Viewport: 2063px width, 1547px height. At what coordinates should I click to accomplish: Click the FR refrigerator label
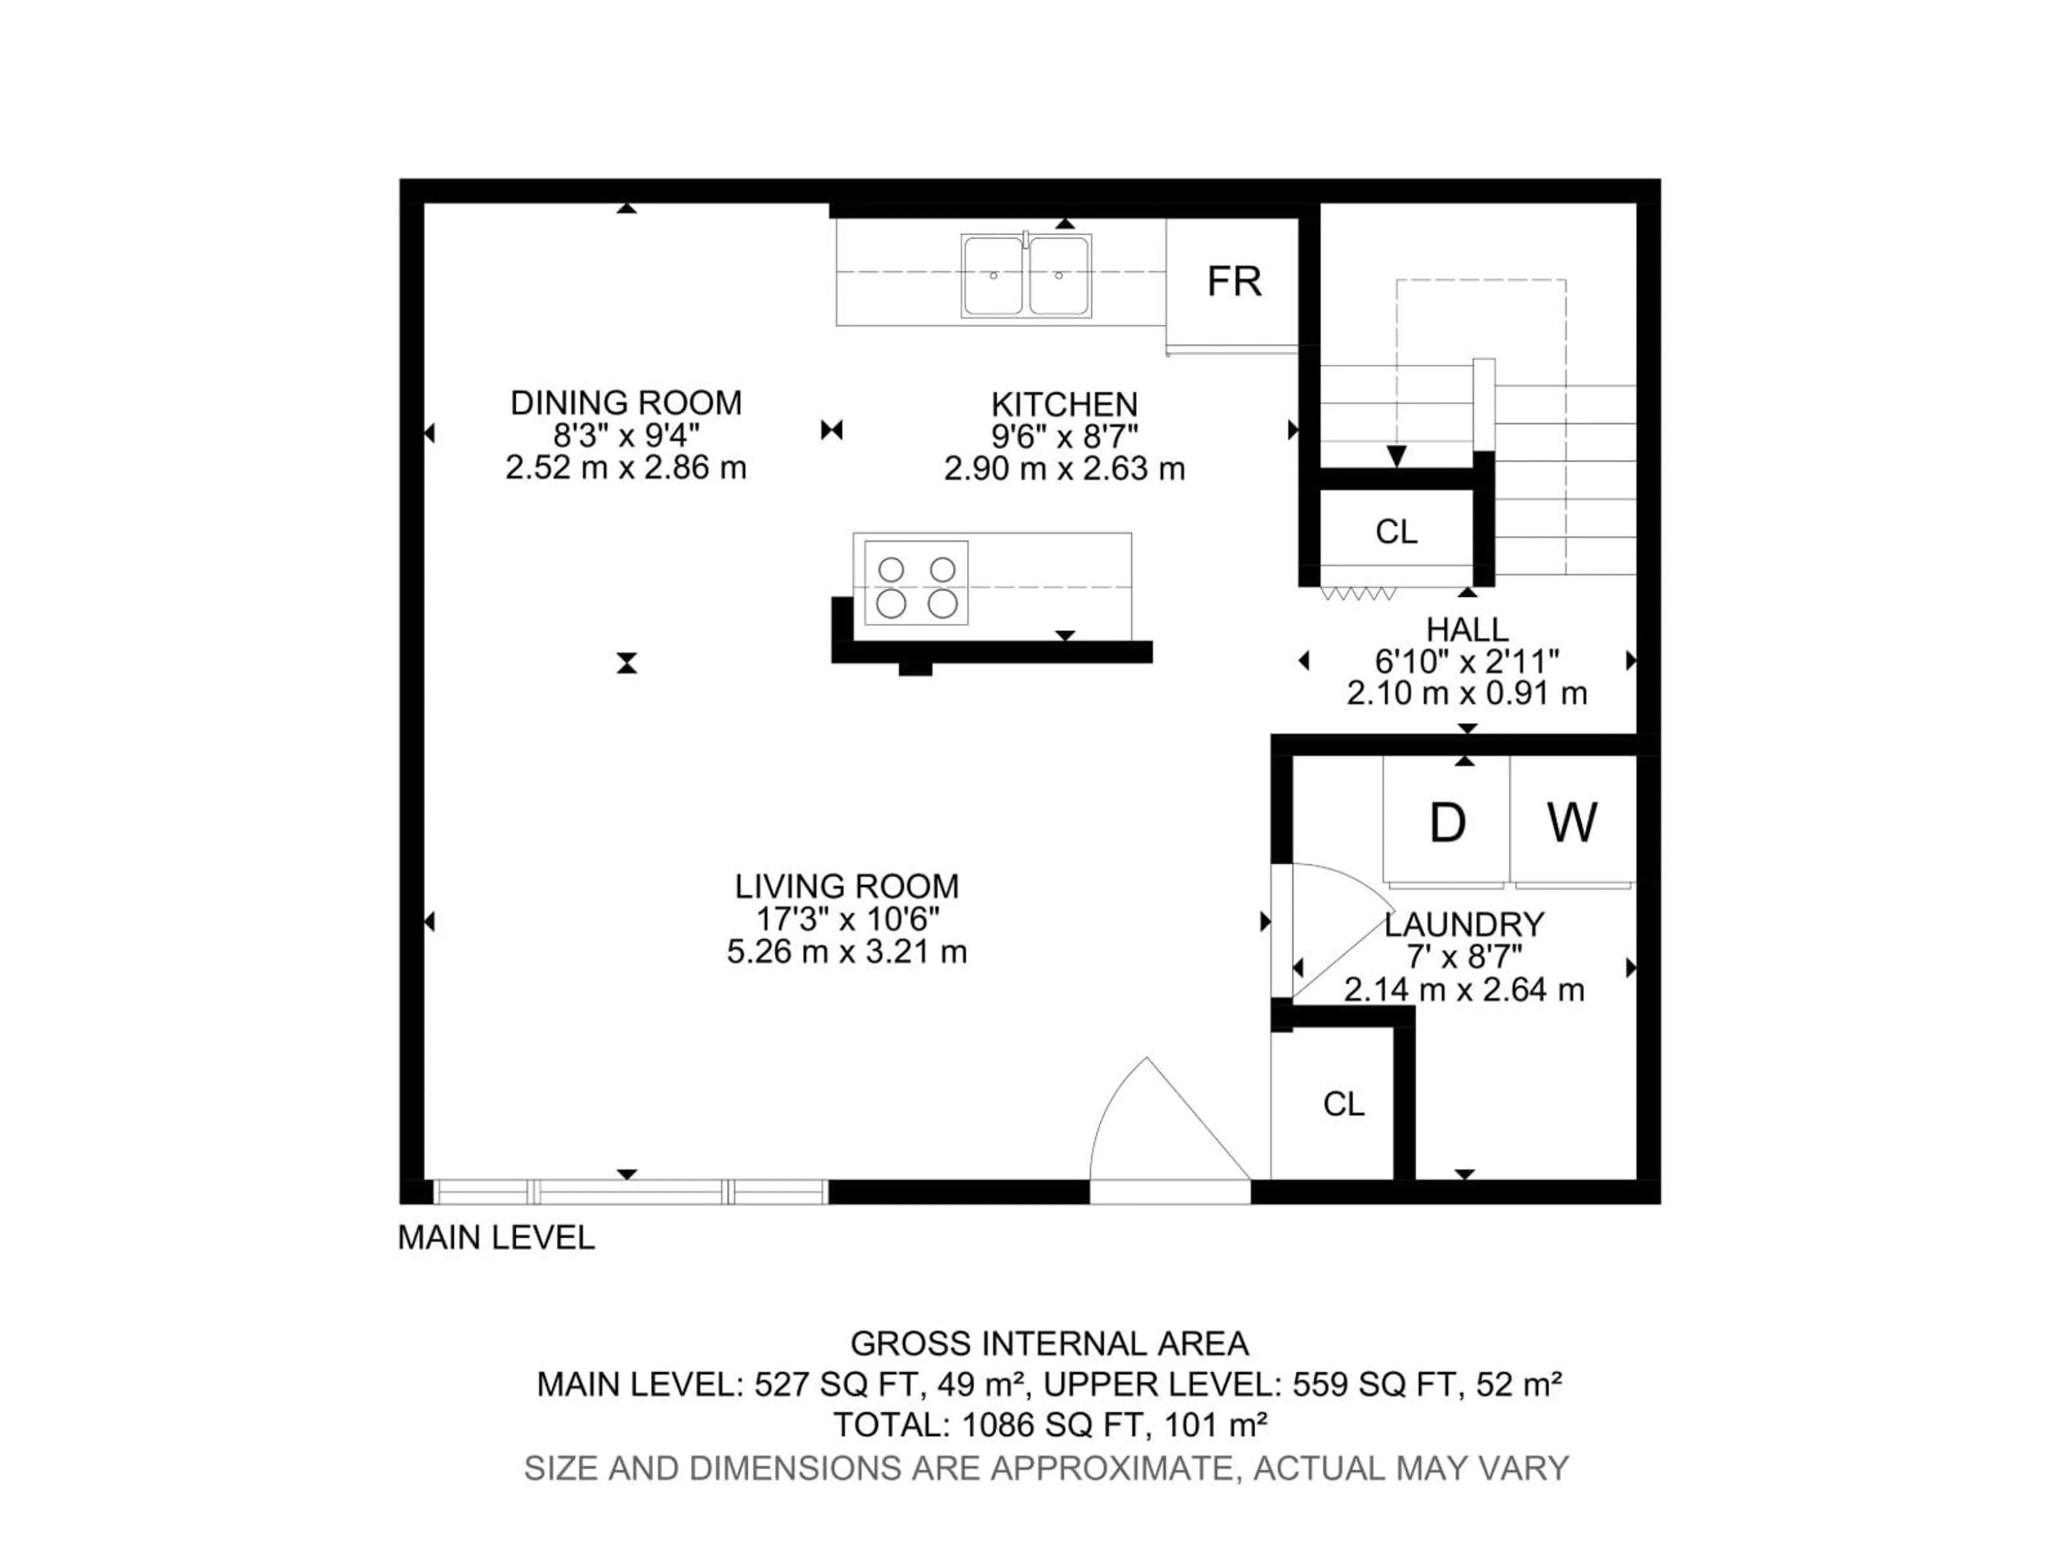pyautogui.click(x=1234, y=281)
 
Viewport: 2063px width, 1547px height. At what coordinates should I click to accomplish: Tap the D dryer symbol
pyautogui.click(x=1447, y=822)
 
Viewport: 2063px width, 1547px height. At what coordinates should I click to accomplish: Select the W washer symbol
pyautogui.click(x=1573, y=822)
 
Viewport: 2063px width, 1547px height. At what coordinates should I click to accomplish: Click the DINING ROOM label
pyautogui.click(x=626, y=403)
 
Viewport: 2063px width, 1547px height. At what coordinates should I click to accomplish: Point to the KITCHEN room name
pyautogui.click(x=1064, y=404)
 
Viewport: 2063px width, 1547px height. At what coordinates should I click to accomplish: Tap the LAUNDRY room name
pyautogui.click(x=1464, y=925)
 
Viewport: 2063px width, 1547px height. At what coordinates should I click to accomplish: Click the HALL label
pyautogui.click(x=1467, y=630)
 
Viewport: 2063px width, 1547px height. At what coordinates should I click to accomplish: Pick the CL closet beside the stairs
pyautogui.click(x=1396, y=532)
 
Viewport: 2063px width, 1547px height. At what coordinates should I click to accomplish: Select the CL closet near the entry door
pyautogui.click(x=1343, y=1104)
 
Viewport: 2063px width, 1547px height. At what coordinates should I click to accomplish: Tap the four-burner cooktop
pyautogui.click(x=917, y=584)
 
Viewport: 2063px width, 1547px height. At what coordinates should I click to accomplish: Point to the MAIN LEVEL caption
pyautogui.click(x=496, y=1238)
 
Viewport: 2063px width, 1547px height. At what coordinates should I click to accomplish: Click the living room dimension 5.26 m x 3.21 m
pyautogui.click(x=847, y=952)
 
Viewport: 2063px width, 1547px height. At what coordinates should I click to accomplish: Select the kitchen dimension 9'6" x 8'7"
pyautogui.click(x=1064, y=436)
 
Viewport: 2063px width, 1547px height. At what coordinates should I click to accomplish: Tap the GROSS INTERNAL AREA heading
pyautogui.click(x=1049, y=1344)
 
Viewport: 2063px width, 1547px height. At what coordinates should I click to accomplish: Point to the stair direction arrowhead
pyautogui.click(x=1396, y=456)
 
